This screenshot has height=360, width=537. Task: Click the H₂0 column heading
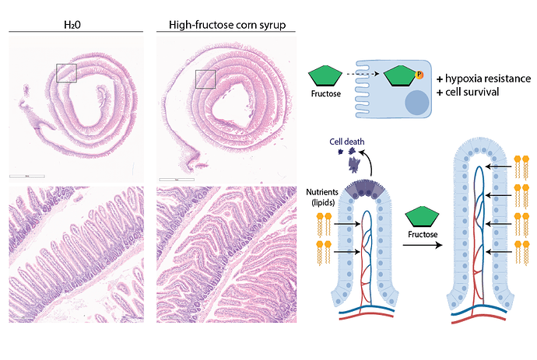click(75, 25)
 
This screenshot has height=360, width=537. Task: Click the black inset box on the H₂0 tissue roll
click(67, 72)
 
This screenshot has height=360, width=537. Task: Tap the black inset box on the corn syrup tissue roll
click(205, 79)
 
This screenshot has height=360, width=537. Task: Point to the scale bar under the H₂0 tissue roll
click(26, 177)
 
